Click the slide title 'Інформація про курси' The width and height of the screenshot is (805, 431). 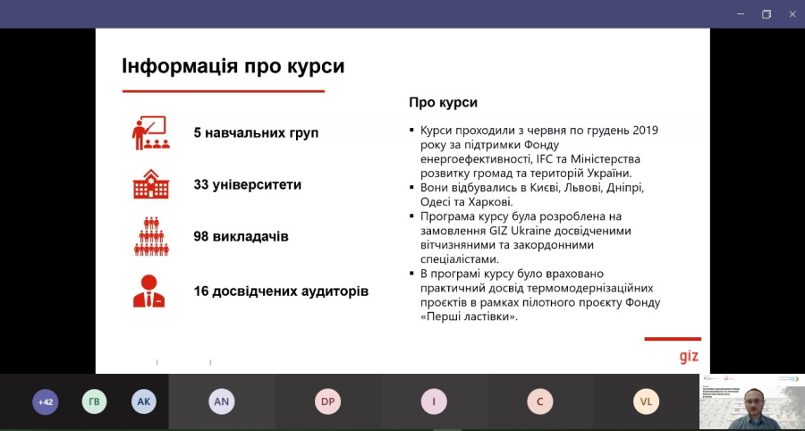(233, 67)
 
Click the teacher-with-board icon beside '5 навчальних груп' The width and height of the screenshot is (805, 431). (149, 133)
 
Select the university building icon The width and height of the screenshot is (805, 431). (150, 183)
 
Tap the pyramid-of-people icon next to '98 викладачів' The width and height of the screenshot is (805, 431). (151, 237)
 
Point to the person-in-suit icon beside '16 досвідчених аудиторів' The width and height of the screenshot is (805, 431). (148, 291)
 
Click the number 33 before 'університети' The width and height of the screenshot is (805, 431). (200, 185)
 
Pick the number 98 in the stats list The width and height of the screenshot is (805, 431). (200, 237)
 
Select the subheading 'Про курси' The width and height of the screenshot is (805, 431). (443, 103)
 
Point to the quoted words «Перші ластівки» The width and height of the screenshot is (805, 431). (469, 317)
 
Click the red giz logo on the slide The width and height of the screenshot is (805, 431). (689, 356)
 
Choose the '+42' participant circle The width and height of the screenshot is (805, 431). (46, 401)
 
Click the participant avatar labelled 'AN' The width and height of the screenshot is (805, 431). (221, 401)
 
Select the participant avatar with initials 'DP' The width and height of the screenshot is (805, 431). (327, 401)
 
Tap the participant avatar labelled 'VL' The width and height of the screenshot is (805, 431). (646, 401)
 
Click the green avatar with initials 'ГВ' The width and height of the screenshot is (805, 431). (95, 401)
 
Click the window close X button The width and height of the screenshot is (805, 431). (792, 14)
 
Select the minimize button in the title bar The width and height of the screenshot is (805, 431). (741, 14)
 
